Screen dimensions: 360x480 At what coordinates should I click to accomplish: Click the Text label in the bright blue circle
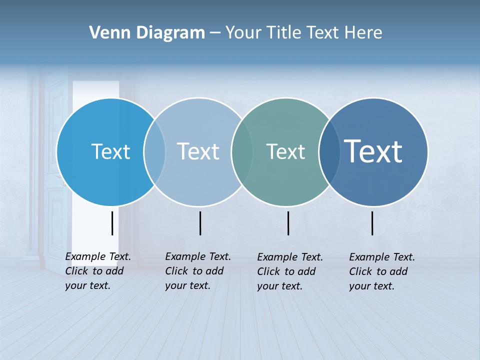110,151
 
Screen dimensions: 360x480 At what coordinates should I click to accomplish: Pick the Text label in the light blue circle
198,151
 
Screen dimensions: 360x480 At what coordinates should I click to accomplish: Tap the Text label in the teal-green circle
285,151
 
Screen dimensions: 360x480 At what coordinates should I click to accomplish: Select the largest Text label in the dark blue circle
373,151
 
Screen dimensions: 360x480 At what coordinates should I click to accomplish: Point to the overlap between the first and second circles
154,151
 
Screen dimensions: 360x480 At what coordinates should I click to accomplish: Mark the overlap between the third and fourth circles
329,151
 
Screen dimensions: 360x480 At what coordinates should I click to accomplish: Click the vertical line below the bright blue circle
112,223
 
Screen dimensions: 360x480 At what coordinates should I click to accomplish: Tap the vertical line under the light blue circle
200,223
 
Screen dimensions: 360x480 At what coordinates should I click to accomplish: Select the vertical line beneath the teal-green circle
288,223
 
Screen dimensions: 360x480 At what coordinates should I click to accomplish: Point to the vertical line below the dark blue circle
372,223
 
